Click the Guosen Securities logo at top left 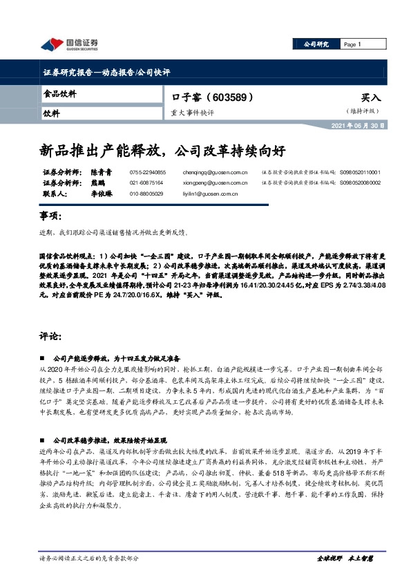(x=69, y=45)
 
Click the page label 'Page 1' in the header (x=352, y=44)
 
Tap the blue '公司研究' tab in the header (x=316, y=44)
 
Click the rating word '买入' (x=370, y=99)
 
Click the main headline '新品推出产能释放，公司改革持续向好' (x=160, y=149)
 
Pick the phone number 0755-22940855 (x=147, y=172)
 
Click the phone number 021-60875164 (x=146, y=182)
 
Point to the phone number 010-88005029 (x=146, y=194)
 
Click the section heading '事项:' (x=52, y=217)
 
